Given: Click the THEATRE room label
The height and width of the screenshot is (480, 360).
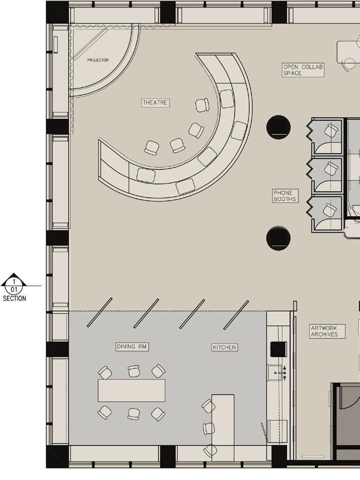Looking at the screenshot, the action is [x=155, y=102].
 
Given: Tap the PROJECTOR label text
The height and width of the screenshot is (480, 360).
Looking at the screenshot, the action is [x=98, y=60].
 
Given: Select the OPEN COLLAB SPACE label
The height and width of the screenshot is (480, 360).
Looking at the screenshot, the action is [x=303, y=70].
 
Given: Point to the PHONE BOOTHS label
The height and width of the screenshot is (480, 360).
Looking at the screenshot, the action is [x=285, y=195].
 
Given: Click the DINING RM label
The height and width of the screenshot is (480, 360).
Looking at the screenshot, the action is [x=132, y=347].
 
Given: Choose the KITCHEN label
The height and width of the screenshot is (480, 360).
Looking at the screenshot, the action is [x=225, y=347].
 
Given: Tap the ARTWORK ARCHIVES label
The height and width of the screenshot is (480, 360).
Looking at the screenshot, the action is [x=327, y=331].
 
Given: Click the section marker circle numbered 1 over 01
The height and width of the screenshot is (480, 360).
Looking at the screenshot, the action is [x=14, y=286].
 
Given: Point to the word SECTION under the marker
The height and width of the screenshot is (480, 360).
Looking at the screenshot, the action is [x=14, y=298].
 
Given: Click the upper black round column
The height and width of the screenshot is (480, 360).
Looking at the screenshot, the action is [x=278, y=127].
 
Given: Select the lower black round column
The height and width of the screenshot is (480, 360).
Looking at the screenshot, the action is [x=278, y=238].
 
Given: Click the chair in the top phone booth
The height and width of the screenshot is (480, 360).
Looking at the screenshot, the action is [x=331, y=131].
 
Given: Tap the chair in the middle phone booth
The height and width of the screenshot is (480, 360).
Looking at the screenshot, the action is [x=331, y=168].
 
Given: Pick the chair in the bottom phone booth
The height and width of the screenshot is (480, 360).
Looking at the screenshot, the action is [x=330, y=210].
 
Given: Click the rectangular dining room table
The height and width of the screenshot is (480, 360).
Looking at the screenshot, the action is [x=131, y=390].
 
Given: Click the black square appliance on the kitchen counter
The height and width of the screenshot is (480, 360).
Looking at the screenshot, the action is [x=278, y=349].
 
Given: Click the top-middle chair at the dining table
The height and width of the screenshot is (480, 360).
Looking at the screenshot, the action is [x=134, y=371].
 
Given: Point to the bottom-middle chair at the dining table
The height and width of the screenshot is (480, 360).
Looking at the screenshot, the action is [x=133, y=414].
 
